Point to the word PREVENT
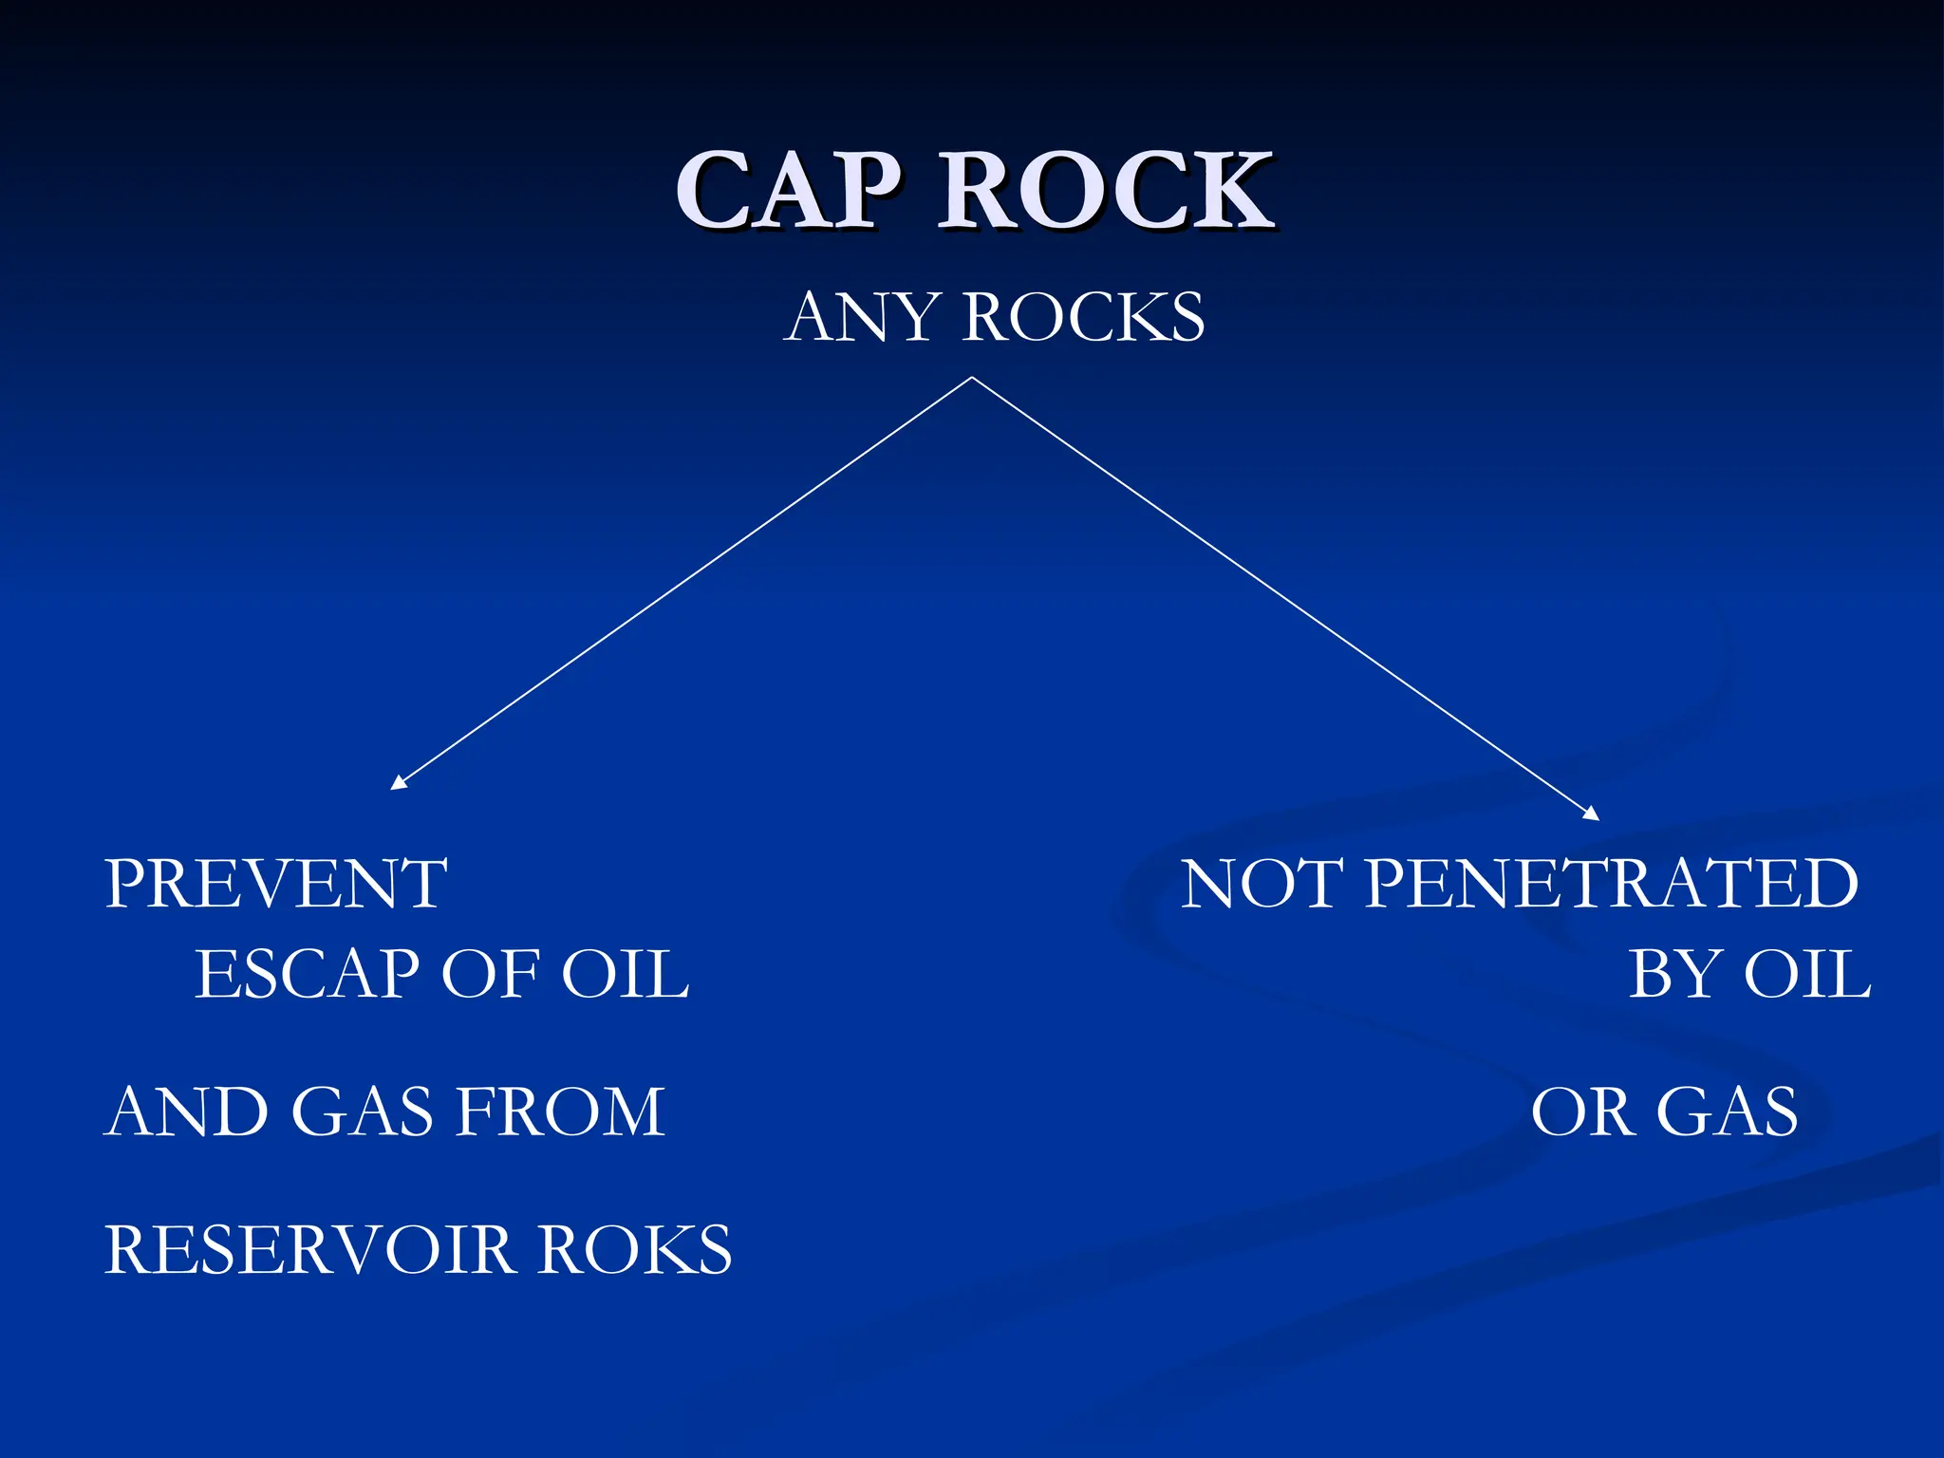pyautogui.click(x=275, y=884)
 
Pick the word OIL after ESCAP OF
pyautogui.click(x=626, y=975)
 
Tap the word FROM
pyautogui.click(x=560, y=1112)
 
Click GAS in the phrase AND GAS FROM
pyautogui.click(x=362, y=1112)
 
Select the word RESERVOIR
pyautogui.click(x=309, y=1249)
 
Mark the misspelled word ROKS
pyautogui.click(x=635, y=1249)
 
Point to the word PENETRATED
pyautogui.click(x=1611, y=884)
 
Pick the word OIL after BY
pyautogui.click(x=1808, y=975)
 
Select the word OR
pyautogui.click(x=1581, y=1112)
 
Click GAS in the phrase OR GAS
pyautogui.click(x=1727, y=1112)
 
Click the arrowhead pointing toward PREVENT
pyautogui.click(x=398, y=783)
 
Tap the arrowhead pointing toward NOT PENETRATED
pyautogui.click(x=1592, y=813)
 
